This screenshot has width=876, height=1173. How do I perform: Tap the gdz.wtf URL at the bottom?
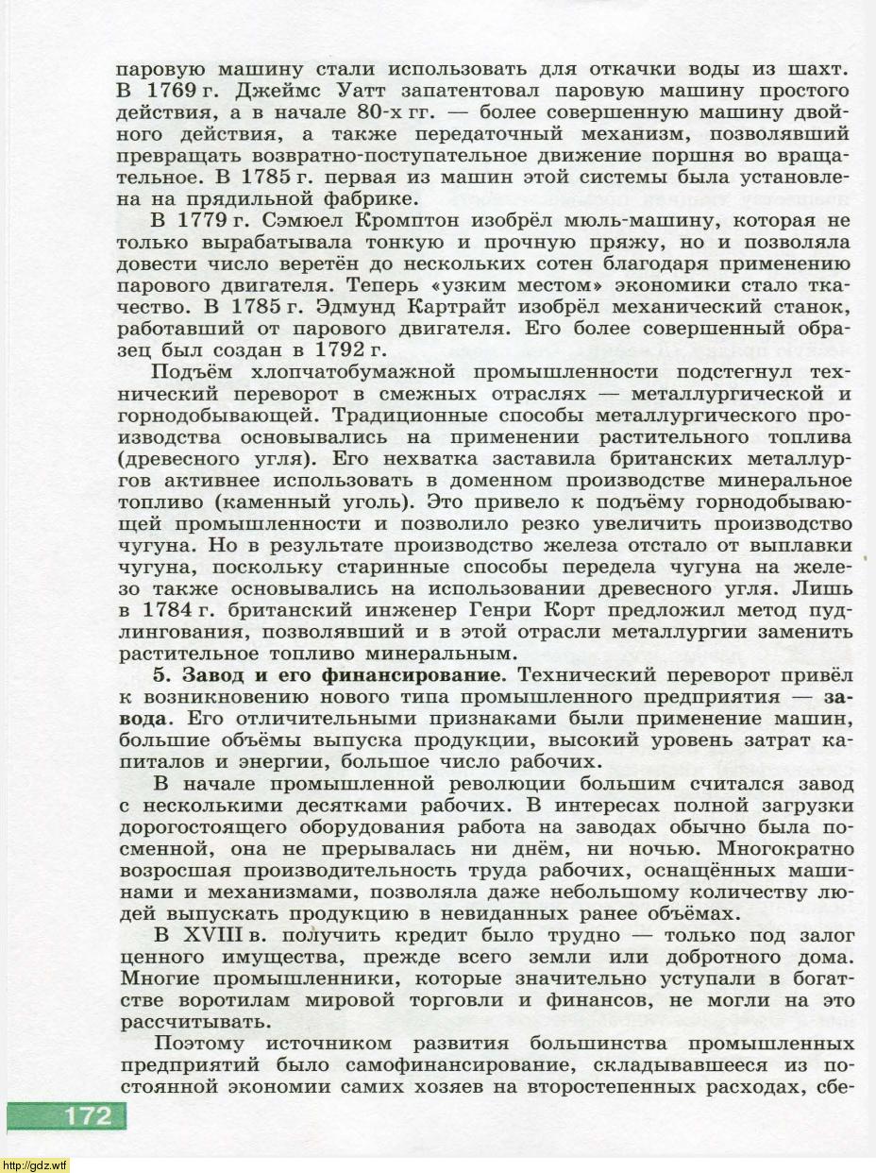pyautogui.click(x=36, y=1164)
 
